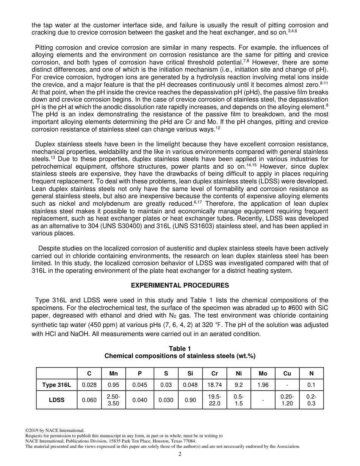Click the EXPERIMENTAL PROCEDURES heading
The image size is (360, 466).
coord(180,285)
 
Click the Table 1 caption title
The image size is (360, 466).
coord(180,349)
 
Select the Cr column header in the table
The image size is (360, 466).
coord(214,374)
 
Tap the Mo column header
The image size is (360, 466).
coord(263,374)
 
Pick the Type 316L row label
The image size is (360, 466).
coord(56,385)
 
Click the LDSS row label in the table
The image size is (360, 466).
coord(56,400)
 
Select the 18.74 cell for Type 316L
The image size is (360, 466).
coord(214,385)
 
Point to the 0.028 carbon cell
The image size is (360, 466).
coord(89,385)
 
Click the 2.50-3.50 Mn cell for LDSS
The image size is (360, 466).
coord(113,400)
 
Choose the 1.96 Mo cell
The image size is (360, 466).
coord(263,385)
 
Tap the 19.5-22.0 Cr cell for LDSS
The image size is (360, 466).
coord(214,400)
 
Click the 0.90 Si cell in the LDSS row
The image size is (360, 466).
coord(190,400)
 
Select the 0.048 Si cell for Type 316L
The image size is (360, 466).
coord(190,385)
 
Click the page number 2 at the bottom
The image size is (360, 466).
coord(180,454)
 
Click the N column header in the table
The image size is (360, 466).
coord(311,374)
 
